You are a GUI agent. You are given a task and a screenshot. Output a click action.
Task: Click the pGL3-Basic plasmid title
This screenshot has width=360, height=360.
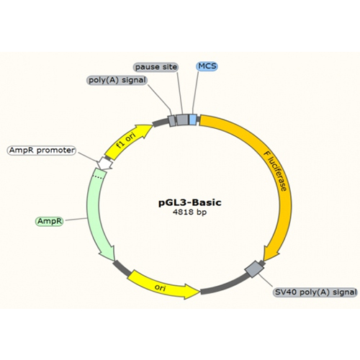pos(190,203)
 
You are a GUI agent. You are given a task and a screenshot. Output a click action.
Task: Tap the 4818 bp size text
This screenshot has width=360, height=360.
pos(189,212)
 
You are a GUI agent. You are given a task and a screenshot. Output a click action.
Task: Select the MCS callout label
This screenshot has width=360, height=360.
pos(207,66)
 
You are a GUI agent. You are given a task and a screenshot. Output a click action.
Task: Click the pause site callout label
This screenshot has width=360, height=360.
pos(156,67)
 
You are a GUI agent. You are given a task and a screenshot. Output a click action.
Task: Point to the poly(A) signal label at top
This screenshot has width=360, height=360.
pos(117,80)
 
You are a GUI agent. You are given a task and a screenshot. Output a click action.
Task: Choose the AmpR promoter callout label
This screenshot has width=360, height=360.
pos(42,150)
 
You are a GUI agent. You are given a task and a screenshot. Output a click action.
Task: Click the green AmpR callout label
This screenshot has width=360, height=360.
pos(50,221)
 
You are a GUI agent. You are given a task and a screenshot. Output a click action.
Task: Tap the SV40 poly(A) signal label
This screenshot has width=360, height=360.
pos(315,292)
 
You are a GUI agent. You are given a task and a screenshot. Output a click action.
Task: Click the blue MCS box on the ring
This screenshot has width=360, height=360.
pos(193,120)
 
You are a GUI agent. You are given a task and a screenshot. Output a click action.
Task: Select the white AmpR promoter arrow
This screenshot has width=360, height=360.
pos(105,163)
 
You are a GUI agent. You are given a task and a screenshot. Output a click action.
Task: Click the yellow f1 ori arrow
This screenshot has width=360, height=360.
pos(127,141)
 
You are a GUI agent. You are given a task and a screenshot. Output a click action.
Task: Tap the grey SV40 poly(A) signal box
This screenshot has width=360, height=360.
pos(254,269)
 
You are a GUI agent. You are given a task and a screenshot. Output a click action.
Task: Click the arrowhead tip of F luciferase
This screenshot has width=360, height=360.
pos(264,261)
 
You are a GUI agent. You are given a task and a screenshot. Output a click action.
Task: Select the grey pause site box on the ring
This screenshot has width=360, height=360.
pos(182,120)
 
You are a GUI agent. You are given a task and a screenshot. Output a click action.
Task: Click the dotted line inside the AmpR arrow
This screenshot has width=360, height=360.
pos(99,178)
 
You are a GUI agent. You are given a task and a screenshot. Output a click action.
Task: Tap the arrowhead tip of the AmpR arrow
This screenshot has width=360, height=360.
pos(114,261)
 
